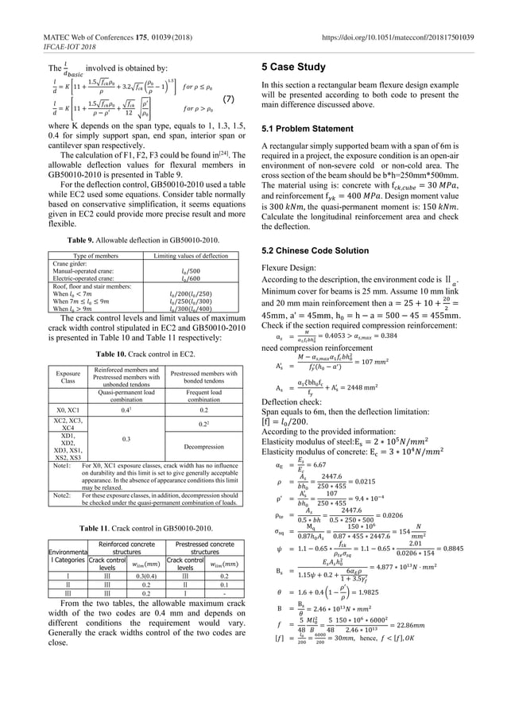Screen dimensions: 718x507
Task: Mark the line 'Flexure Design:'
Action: [x=291, y=267]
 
